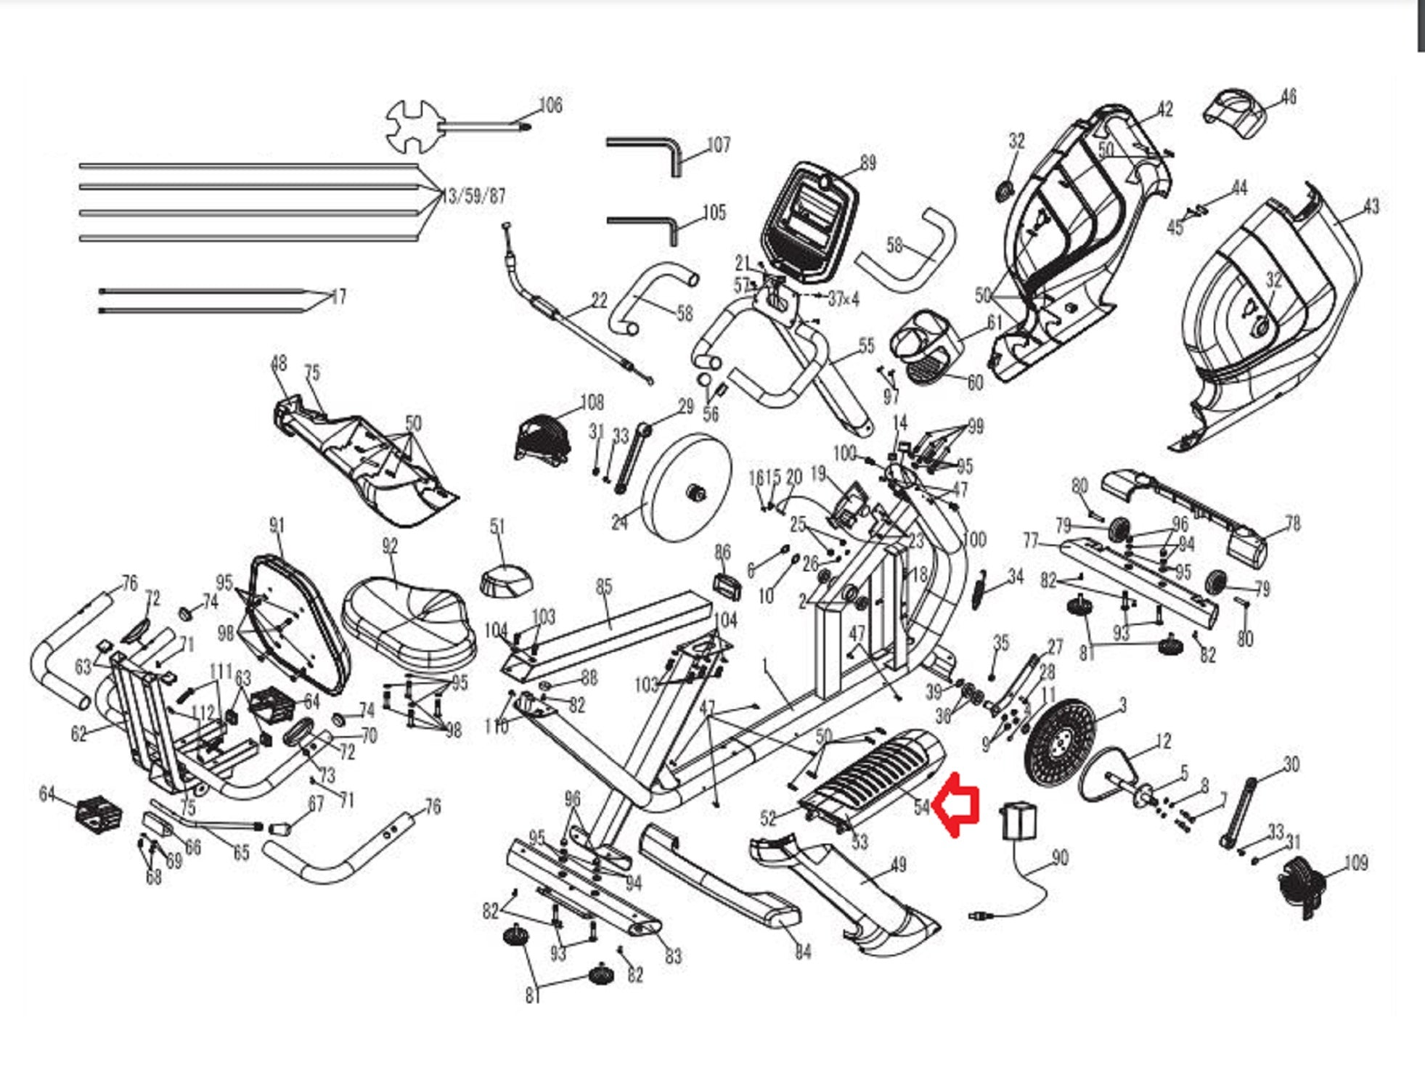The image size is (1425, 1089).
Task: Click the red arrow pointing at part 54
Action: point(957,804)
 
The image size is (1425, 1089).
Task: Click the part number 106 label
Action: point(550,106)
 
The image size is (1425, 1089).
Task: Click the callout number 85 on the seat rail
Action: point(604,587)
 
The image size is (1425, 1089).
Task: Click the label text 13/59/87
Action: point(473,196)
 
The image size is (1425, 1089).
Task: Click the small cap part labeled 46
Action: point(1235,113)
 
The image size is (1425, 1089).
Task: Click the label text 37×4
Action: point(844,298)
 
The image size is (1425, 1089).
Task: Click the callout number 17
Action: point(338,297)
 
